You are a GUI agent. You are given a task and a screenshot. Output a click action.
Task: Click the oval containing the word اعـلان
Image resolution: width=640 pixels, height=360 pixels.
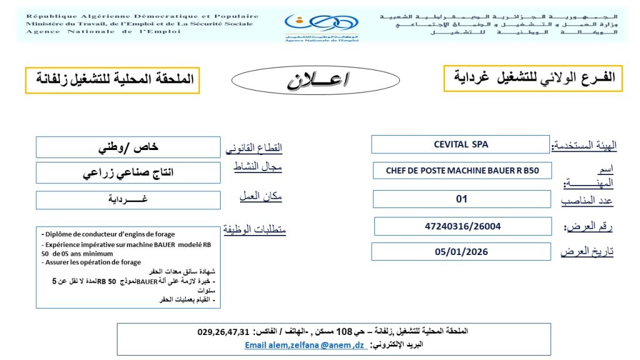coord(318,81)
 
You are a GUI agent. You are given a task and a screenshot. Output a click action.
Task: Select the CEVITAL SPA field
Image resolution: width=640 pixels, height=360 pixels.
coord(461,144)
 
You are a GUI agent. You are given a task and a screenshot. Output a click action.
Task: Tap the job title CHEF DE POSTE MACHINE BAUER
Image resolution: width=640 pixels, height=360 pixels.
coord(462,170)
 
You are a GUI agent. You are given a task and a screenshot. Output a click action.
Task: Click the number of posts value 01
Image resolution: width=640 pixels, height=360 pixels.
coord(462,199)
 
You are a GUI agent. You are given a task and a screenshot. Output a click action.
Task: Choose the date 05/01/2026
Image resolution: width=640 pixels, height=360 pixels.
coord(462,252)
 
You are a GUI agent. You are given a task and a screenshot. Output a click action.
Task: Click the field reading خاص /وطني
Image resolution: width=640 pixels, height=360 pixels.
coord(128,147)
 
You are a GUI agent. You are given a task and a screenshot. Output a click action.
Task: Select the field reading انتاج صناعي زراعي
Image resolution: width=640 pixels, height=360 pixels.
coord(128,173)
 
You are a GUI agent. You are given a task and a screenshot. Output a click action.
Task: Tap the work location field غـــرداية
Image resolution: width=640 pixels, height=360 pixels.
coord(128,200)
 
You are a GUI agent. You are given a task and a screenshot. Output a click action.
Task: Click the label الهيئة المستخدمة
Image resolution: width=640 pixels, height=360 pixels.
coord(584,146)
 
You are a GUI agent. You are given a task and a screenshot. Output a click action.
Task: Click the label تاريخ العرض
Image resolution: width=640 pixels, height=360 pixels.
coord(587,252)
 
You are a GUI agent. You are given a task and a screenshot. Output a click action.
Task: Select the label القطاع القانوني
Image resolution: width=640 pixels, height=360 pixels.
coord(253,149)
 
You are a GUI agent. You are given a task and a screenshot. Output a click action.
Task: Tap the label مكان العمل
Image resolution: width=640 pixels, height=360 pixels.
coord(261,196)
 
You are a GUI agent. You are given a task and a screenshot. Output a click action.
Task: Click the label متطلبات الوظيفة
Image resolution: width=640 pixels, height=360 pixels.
coord(254,230)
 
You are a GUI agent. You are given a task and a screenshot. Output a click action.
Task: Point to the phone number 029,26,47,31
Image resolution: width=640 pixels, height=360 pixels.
coord(223,331)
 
